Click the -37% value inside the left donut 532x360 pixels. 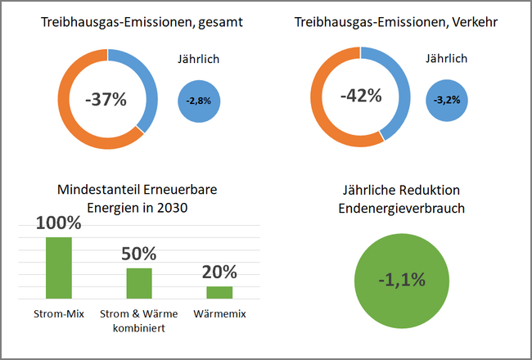tap(106, 100)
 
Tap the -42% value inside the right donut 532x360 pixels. tap(362, 96)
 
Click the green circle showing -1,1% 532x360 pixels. tap(402, 279)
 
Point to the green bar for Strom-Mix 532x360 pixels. tap(59, 267)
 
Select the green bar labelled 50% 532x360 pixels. tap(139, 282)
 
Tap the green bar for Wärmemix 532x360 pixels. tap(219, 291)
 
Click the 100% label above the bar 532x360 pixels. tap(59, 222)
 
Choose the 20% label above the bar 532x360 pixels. tap(219, 272)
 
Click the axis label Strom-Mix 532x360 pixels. tap(59, 313)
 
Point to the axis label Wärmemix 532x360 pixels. tap(219, 313)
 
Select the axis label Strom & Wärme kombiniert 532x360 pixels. tap(139, 320)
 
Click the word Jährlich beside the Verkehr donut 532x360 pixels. tap(447, 59)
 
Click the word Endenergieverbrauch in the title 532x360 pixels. tap(402, 209)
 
